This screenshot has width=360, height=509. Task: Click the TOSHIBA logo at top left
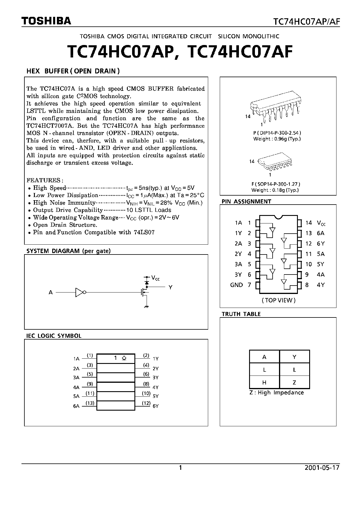pos(46,21)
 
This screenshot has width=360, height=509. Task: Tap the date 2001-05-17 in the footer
pos(322,468)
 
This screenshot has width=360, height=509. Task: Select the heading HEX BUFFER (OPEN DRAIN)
pos(73,71)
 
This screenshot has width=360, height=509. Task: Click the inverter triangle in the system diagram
pos(80,293)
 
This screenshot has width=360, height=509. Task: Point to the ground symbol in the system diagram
pos(147,306)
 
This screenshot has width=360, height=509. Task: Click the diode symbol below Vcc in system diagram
pos(147,282)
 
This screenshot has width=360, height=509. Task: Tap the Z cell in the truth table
pos(294,382)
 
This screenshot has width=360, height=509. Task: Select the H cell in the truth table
pos(264,382)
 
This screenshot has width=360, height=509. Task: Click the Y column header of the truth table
pos(294,357)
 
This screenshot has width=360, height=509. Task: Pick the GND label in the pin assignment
pos(236,285)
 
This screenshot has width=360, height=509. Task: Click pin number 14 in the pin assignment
pos(308,223)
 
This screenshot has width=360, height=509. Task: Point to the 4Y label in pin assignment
pos(321,285)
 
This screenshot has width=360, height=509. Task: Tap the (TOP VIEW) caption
pos(278,300)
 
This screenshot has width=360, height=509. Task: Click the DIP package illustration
pos(276,110)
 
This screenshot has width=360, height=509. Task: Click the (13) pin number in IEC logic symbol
pos(90,403)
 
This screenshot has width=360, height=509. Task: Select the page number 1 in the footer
pos(180,468)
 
